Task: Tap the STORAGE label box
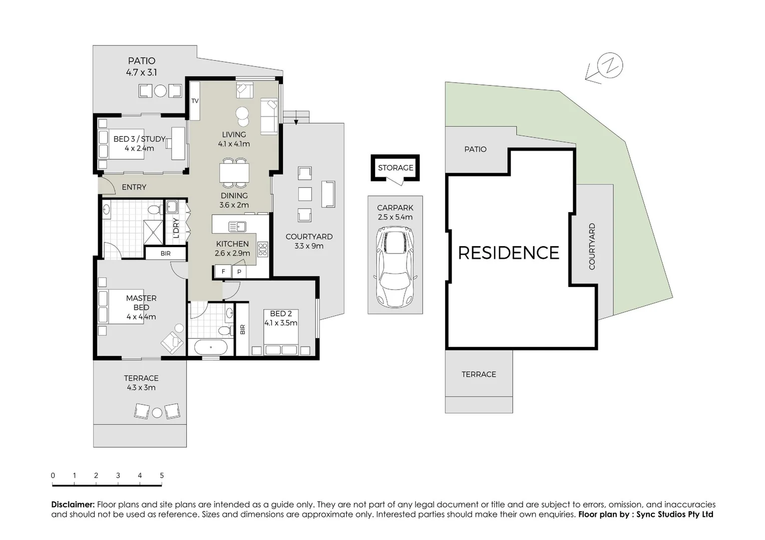click(396, 167)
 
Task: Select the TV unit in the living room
click(195, 100)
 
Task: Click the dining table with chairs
click(234, 172)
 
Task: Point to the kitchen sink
click(237, 226)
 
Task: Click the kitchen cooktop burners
click(262, 248)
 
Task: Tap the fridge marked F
click(223, 271)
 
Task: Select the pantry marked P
click(239, 271)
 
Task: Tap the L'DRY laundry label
click(176, 228)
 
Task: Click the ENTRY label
click(134, 187)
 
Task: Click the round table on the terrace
click(157, 412)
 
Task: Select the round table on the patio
click(160, 91)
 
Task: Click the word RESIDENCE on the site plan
click(508, 253)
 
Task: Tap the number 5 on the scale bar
click(162, 475)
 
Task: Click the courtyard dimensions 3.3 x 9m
click(309, 246)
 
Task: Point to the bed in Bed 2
click(281, 343)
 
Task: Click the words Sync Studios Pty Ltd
click(674, 514)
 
